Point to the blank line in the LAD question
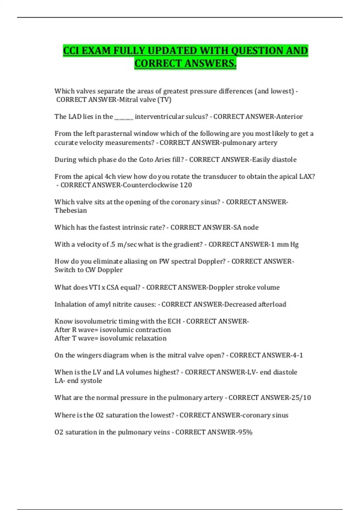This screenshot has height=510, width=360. pyautogui.click(x=124, y=117)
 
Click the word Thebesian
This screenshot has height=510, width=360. pyautogui.click(x=70, y=210)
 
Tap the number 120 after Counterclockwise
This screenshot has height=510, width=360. pyautogui.click(x=186, y=185)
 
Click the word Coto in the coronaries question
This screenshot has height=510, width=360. pyautogui.click(x=146, y=159)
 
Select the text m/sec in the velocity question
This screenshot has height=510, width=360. pyautogui.click(x=127, y=244)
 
